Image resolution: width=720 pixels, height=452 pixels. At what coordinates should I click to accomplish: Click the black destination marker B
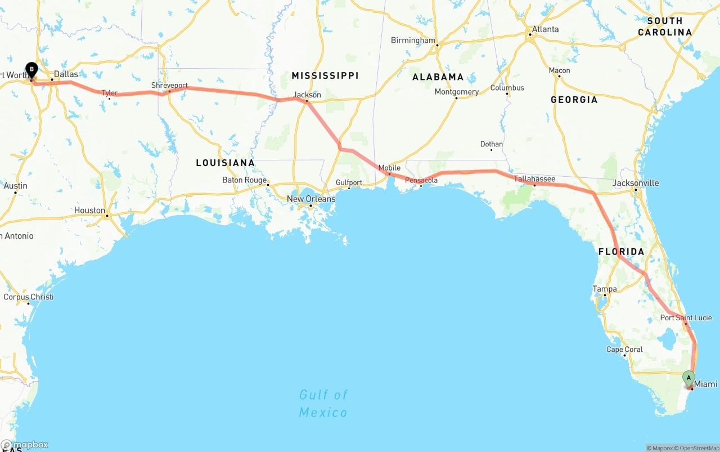(x=31, y=70)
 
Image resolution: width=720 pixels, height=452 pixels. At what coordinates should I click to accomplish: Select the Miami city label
(x=705, y=384)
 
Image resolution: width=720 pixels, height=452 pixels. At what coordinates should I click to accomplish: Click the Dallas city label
(x=66, y=74)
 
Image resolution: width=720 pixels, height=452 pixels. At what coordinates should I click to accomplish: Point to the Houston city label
(x=89, y=210)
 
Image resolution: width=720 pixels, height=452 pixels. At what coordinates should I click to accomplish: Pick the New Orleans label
(x=310, y=199)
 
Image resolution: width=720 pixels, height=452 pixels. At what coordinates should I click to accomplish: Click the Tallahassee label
(x=534, y=179)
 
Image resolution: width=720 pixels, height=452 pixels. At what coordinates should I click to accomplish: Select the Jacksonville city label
(x=636, y=183)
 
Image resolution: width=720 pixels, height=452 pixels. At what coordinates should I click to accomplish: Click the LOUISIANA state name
(x=225, y=163)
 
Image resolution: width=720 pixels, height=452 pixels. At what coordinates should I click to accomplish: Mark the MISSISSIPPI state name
(x=325, y=75)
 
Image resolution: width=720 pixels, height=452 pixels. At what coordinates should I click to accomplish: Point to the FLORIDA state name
(x=621, y=252)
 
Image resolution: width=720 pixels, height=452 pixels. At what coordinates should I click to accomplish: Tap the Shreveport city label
(x=169, y=86)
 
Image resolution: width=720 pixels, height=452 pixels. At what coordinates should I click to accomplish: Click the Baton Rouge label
(x=244, y=180)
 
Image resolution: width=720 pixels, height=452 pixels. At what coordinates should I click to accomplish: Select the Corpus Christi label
(x=29, y=297)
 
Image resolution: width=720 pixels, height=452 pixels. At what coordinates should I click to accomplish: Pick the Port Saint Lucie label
(x=686, y=318)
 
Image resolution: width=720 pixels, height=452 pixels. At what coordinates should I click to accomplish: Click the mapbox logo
(x=25, y=445)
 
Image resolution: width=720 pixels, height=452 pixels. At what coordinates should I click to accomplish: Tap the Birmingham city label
(x=413, y=40)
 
